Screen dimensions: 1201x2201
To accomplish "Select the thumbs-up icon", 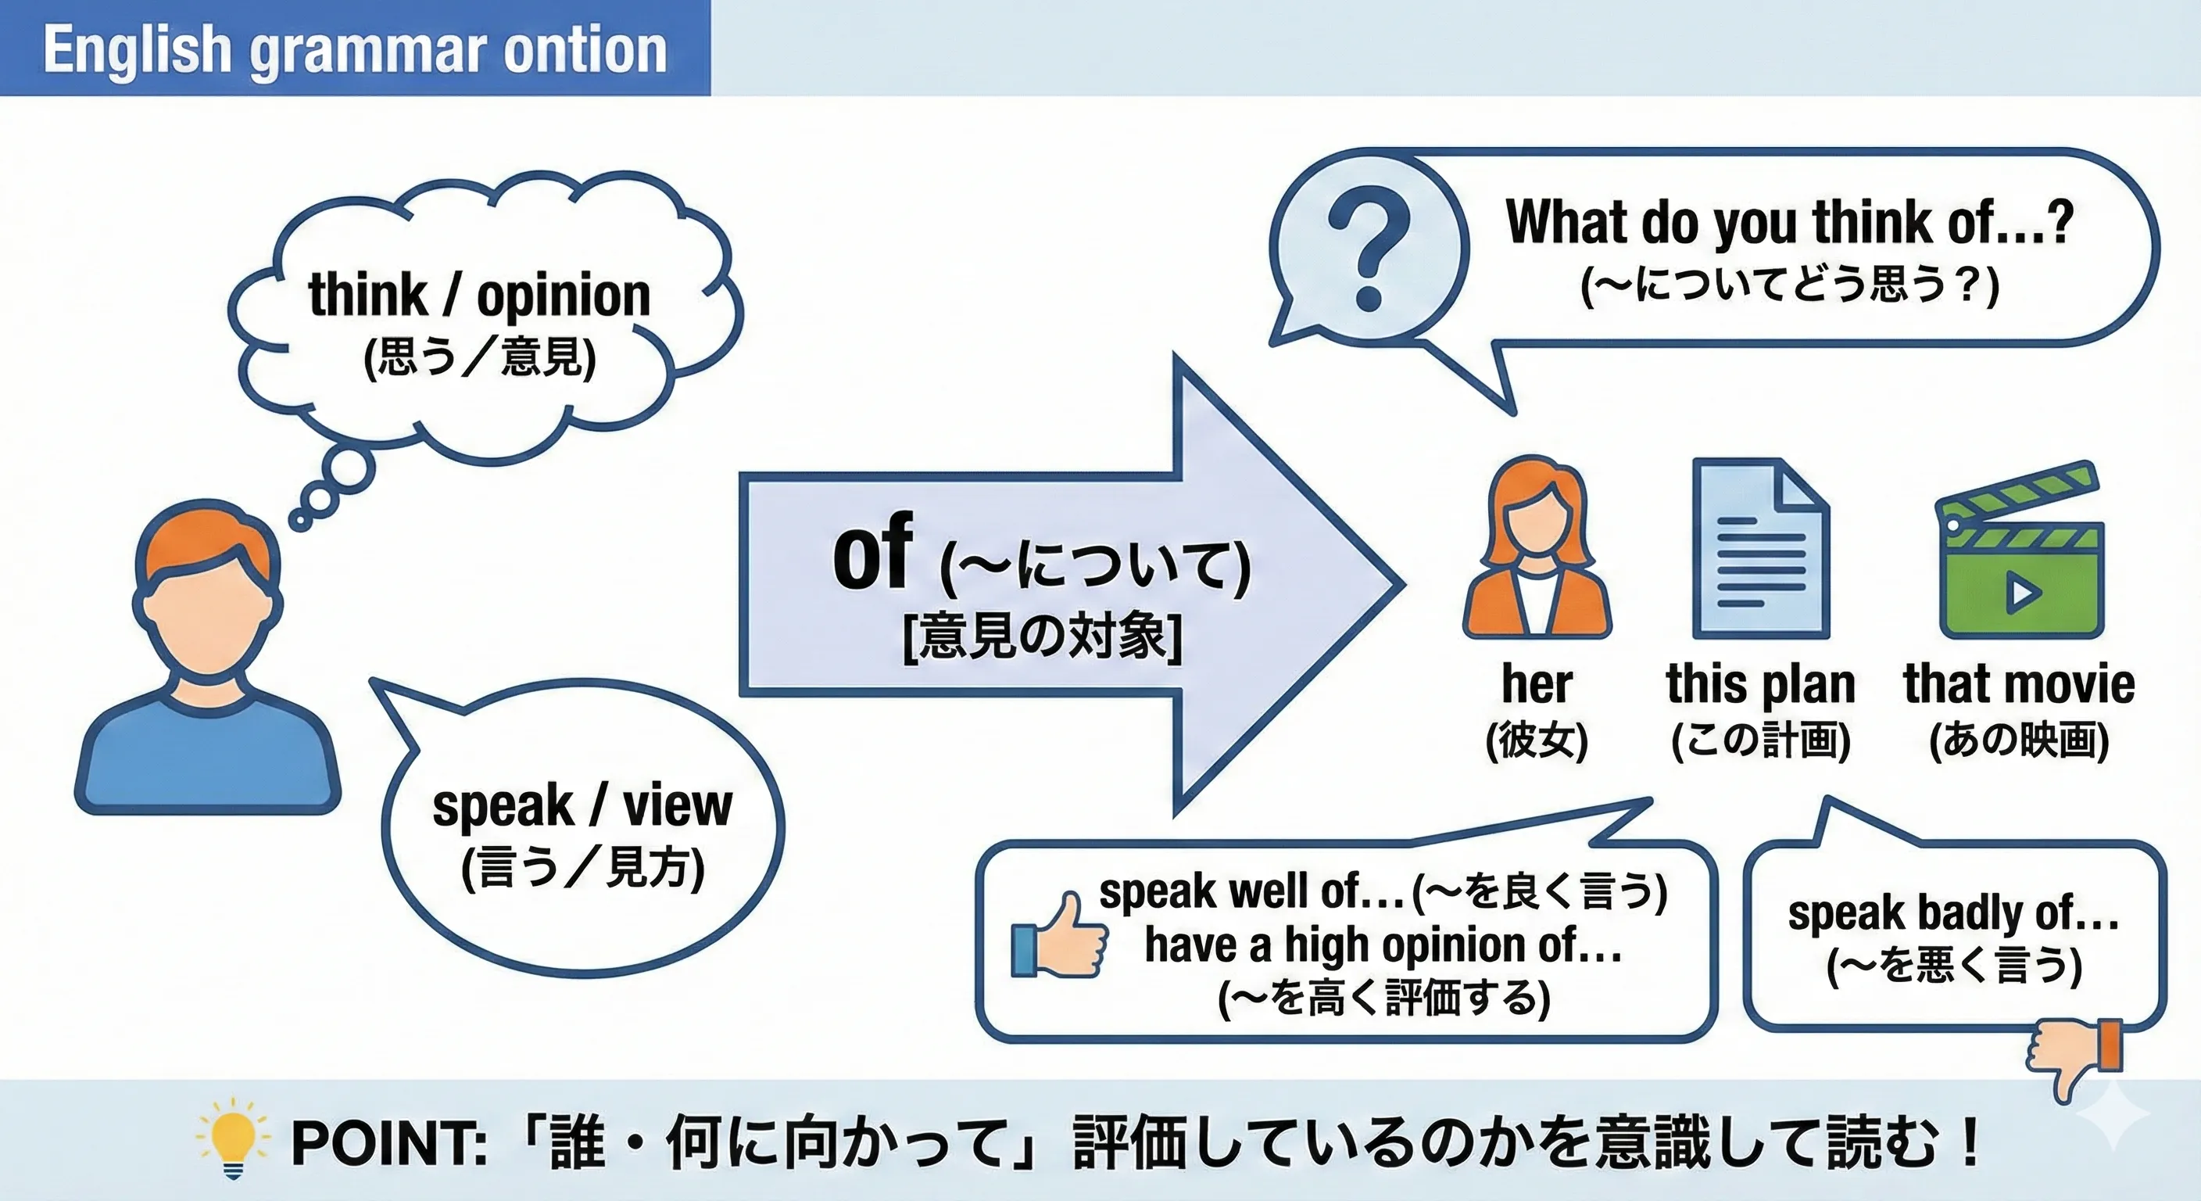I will (x=1060, y=937).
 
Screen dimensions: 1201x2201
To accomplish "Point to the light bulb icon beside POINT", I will (x=232, y=1138).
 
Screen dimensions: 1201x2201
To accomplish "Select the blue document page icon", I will (x=1760, y=549).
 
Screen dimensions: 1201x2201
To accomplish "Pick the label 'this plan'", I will (x=1760, y=684).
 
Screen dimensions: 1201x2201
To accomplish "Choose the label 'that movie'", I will (x=2019, y=684).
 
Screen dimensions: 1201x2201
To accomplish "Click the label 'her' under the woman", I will (x=1537, y=684).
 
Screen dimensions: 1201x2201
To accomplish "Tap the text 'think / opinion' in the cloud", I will (x=479, y=296).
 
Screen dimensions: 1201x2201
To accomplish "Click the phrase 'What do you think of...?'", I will (x=1789, y=222).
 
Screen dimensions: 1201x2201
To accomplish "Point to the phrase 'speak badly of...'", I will (x=1953, y=913).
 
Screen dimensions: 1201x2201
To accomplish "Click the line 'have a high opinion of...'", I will (x=1383, y=945).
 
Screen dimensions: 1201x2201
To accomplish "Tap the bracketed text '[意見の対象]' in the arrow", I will (x=1043, y=636).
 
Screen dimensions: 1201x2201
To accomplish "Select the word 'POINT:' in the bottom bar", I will (x=388, y=1143).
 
